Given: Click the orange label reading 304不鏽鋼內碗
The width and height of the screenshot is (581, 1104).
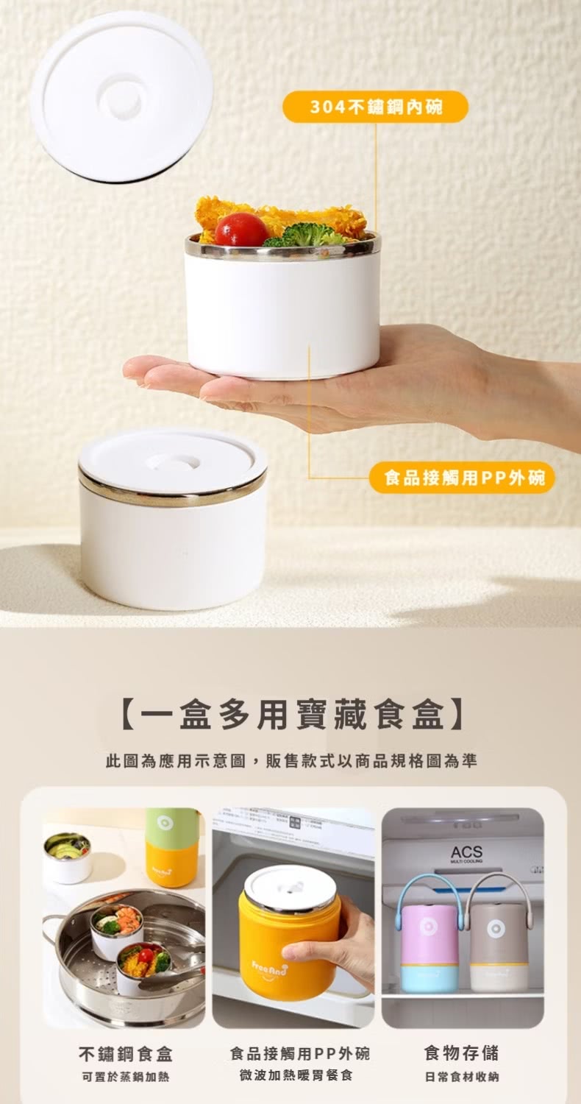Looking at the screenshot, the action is (375, 107).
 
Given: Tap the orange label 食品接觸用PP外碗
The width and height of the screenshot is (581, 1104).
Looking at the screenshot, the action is (463, 478).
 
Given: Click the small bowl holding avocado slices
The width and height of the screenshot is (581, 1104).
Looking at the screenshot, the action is (67, 857).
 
